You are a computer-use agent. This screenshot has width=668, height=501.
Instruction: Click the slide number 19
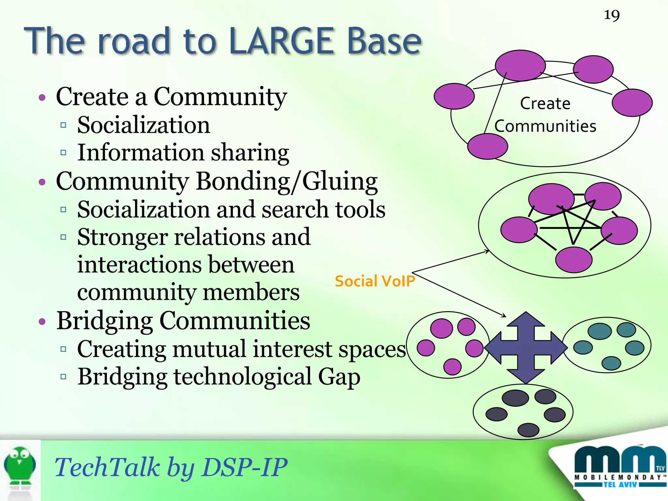[612, 15]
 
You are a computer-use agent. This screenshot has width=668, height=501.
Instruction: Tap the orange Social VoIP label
[374, 281]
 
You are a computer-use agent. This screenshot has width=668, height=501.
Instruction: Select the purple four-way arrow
[526, 348]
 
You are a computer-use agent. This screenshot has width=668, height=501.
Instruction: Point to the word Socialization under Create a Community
[144, 125]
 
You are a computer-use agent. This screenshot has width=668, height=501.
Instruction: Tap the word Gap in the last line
[339, 377]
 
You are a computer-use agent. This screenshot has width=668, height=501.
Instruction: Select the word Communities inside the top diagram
[545, 126]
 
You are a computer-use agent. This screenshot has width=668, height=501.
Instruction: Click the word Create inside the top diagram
[545, 104]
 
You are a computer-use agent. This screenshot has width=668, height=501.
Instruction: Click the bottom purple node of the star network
[573, 260]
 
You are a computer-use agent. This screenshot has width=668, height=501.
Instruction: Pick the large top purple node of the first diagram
[520, 66]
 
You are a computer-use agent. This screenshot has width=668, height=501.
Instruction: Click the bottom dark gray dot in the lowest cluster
[528, 430]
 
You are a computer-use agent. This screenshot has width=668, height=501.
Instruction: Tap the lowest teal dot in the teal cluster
[611, 363]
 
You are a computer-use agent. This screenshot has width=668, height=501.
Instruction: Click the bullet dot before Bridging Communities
[42, 322]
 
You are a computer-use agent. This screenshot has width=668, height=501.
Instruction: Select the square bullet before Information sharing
[63, 152]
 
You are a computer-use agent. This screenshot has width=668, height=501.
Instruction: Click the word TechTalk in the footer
[107, 467]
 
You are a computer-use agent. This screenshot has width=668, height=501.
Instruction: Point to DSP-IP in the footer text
[244, 467]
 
